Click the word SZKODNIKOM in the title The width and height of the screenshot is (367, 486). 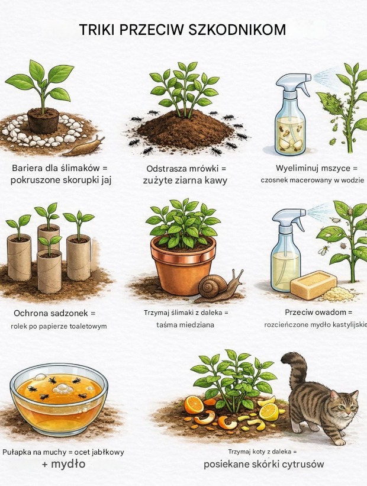(237, 30)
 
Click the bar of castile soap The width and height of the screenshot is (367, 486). (313, 281)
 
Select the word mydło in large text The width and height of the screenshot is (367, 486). (67, 464)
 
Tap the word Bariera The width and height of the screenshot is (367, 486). (25, 168)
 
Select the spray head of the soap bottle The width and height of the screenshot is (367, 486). (288, 218)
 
